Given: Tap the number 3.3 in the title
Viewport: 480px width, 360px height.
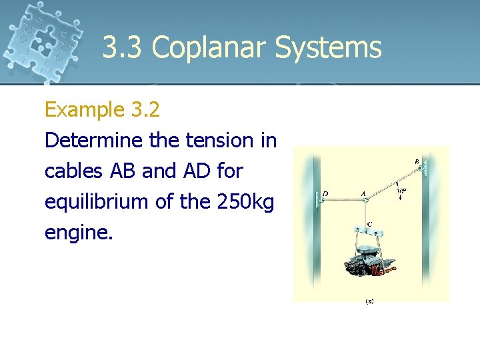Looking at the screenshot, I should (x=123, y=48).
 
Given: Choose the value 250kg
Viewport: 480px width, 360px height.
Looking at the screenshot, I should (x=245, y=202).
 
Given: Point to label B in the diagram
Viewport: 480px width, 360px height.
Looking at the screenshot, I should (x=417, y=161).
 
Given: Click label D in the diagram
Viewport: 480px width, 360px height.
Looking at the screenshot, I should (x=325, y=194).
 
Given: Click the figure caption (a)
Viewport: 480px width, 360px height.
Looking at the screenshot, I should (x=369, y=301).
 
